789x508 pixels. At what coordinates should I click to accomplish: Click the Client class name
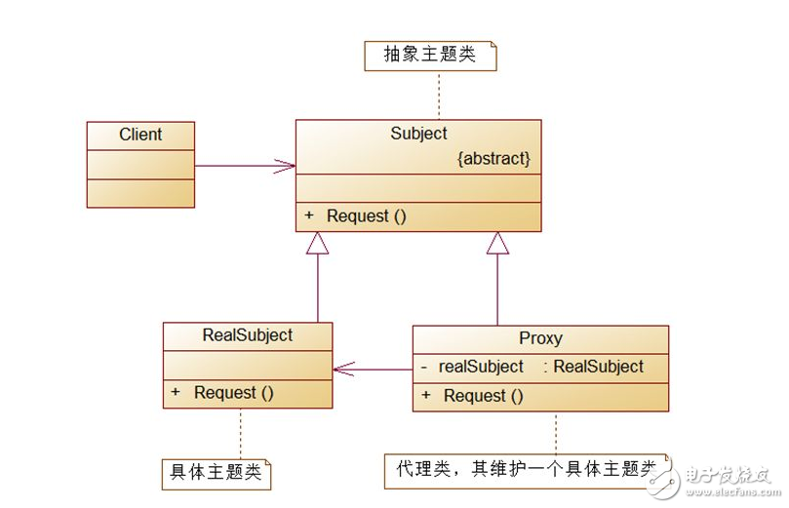[x=140, y=135]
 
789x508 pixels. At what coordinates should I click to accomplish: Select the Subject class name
[x=418, y=134]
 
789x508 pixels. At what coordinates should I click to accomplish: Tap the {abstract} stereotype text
[x=493, y=159]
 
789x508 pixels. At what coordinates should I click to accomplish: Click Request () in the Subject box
[x=366, y=216]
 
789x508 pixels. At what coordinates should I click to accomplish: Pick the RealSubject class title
[x=247, y=335]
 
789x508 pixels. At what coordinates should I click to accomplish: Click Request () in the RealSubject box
[x=233, y=393]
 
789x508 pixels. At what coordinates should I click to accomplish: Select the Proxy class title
[x=540, y=338]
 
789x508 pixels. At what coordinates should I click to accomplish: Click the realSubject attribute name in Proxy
[x=481, y=367]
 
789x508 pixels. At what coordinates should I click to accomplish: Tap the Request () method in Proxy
[x=483, y=396]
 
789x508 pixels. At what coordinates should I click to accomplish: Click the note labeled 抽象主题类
[x=430, y=56]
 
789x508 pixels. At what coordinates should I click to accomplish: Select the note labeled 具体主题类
[x=215, y=473]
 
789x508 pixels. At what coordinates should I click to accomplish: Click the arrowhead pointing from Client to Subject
[x=286, y=166]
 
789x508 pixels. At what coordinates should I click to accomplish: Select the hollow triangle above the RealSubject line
[x=317, y=243]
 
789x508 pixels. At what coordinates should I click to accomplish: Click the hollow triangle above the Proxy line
[x=497, y=243]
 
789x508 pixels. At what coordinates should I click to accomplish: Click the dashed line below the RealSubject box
[x=241, y=433]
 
